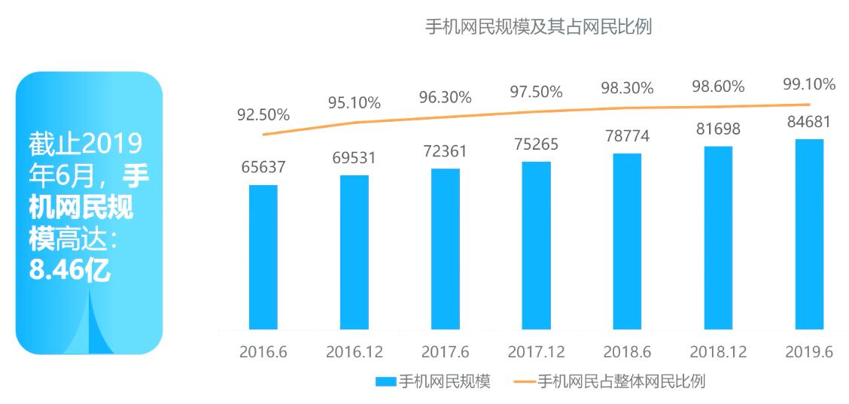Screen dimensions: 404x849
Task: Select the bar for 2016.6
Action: point(263,256)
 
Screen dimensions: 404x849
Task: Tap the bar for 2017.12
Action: point(536,245)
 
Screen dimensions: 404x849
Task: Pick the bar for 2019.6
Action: point(809,233)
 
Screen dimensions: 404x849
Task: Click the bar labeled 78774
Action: point(627,241)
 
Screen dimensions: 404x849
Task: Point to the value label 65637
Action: point(263,166)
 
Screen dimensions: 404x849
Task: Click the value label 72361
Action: point(445,150)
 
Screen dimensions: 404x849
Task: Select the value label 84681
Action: point(809,121)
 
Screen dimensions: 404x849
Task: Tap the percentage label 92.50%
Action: point(263,115)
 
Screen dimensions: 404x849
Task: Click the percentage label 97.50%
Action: point(536,92)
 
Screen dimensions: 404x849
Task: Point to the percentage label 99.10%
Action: point(809,84)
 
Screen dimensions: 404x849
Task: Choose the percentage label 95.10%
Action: point(354,102)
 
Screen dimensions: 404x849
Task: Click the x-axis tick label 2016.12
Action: point(355,352)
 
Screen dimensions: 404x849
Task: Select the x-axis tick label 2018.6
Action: point(627,352)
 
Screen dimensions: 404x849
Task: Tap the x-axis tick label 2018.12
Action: point(717,352)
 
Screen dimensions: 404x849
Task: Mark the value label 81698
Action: point(718,129)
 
